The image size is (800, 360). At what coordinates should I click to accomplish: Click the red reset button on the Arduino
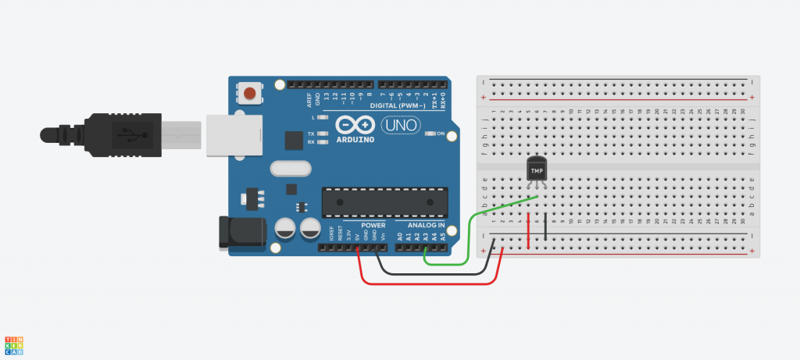pyautogui.click(x=249, y=94)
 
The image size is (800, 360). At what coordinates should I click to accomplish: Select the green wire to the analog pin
pyautogui.click(x=470, y=234)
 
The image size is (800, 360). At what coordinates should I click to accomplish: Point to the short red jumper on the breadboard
pyautogui.click(x=529, y=231)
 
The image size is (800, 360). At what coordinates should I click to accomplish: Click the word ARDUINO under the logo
pyautogui.click(x=355, y=140)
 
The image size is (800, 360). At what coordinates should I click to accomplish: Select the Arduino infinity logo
pyautogui.click(x=354, y=126)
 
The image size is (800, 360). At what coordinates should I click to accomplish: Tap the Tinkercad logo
pyautogui.click(x=14, y=346)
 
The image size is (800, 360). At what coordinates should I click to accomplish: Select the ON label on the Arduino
pyautogui.click(x=440, y=134)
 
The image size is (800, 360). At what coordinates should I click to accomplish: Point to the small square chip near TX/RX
pyautogui.click(x=294, y=140)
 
